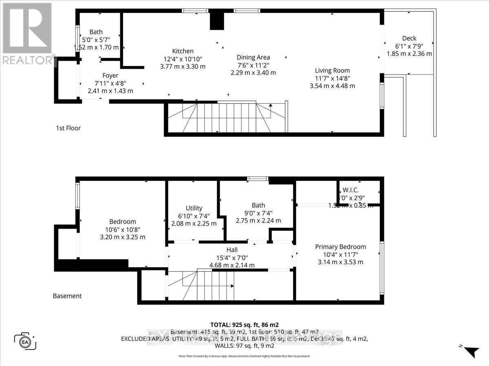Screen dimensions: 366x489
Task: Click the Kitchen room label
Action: click(x=183, y=51)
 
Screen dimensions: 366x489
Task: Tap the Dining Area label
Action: click(x=253, y=57)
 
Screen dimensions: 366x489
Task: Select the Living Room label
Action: click(x=332, y=70)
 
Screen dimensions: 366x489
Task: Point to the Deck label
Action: click(x=409, y=38)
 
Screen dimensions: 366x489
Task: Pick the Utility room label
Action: click(x=194, y=208)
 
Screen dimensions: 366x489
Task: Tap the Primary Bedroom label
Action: click(x=340, y=246)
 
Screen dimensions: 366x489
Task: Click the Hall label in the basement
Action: click(x=232, y=250)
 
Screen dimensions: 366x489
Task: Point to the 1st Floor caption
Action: click(x=68, y=128)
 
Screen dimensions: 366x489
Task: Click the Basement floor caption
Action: click(x=67, y=296)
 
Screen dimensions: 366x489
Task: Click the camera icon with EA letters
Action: click(x=25, y=340)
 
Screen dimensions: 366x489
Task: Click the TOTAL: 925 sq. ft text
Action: click(x=244, y=324)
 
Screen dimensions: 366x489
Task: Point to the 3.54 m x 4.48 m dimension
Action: click(x=332, y=86)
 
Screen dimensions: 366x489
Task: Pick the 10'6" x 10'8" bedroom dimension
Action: click(x=122, y=229)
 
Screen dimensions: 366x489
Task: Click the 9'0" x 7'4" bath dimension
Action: click(x=258, y=213)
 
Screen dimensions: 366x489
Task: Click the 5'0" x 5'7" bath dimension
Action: click(x=96, y=40)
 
